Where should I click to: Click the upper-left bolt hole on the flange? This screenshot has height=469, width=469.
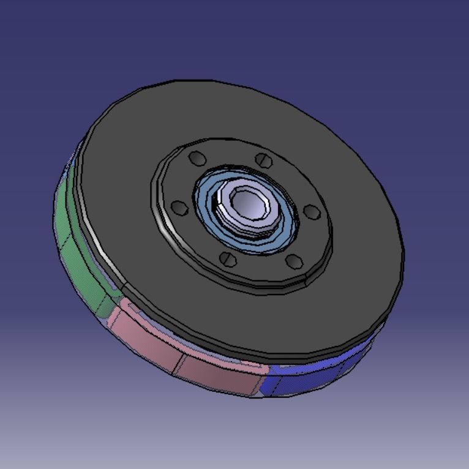point(197,159)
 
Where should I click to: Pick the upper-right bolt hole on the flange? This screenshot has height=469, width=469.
point(264,160)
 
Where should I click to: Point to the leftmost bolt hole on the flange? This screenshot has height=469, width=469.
point(180,208)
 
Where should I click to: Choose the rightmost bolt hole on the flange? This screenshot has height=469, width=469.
point(312,212)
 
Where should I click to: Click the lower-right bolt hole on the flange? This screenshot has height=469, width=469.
point(295,261)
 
